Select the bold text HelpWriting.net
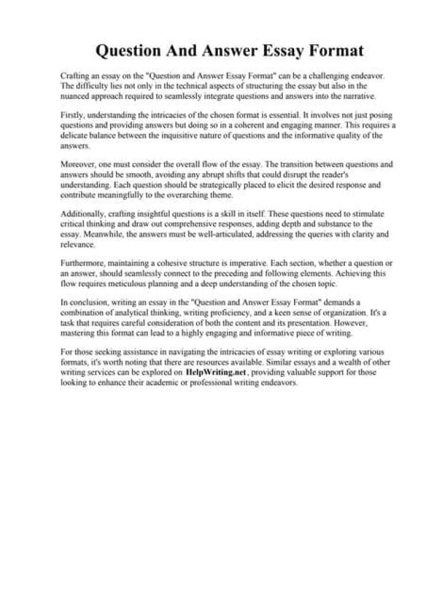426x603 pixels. (x=215, y=373)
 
